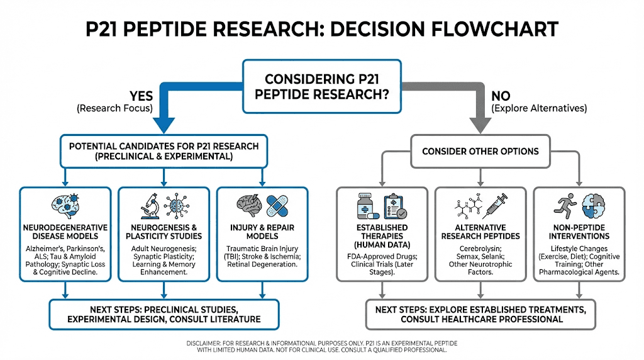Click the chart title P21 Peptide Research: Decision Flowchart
pos(321,29)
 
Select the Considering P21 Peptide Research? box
pos(321,86)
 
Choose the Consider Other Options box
pos(480,151)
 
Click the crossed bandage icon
pos(278,205)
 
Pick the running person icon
pos(562,205)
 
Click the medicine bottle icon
pos(366,206)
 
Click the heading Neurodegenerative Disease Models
pos(64,232)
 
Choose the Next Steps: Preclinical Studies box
pos(164,314)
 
